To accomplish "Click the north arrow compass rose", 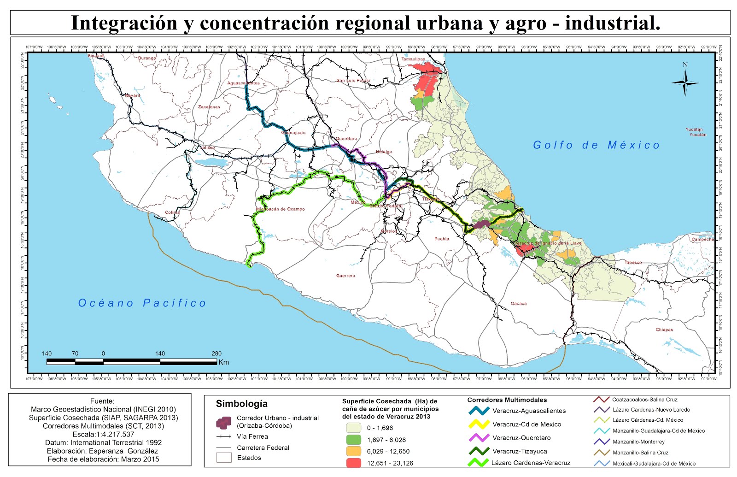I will click(x=685, y=82).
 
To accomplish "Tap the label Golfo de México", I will click(x=596, y=145).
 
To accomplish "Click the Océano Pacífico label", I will click(x=142, y=303).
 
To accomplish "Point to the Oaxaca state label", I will click(x=519, y=303).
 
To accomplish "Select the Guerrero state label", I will click(x=345, y=276).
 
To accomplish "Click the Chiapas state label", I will click(x=664, y=330).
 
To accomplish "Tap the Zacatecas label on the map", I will click(x=209, y=106).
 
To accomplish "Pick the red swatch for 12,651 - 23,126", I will click(x=353, y=463).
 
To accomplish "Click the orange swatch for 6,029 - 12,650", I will click(x=353, y=451).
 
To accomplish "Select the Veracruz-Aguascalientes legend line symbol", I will click(x=479, y=410).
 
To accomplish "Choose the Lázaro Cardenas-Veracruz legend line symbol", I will click(x=479, y=462).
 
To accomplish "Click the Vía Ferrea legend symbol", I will click(x=224, y=436).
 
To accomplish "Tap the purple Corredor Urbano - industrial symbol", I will click(x=223, y=422).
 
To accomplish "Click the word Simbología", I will click(x=241, y=404).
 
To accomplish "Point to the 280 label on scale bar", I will click(x=216, y=353).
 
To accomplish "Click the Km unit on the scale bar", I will click(x=223, y=362).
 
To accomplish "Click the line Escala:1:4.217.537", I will click(x=103, y=434).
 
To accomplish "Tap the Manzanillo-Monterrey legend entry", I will click(x=638, y=442).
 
